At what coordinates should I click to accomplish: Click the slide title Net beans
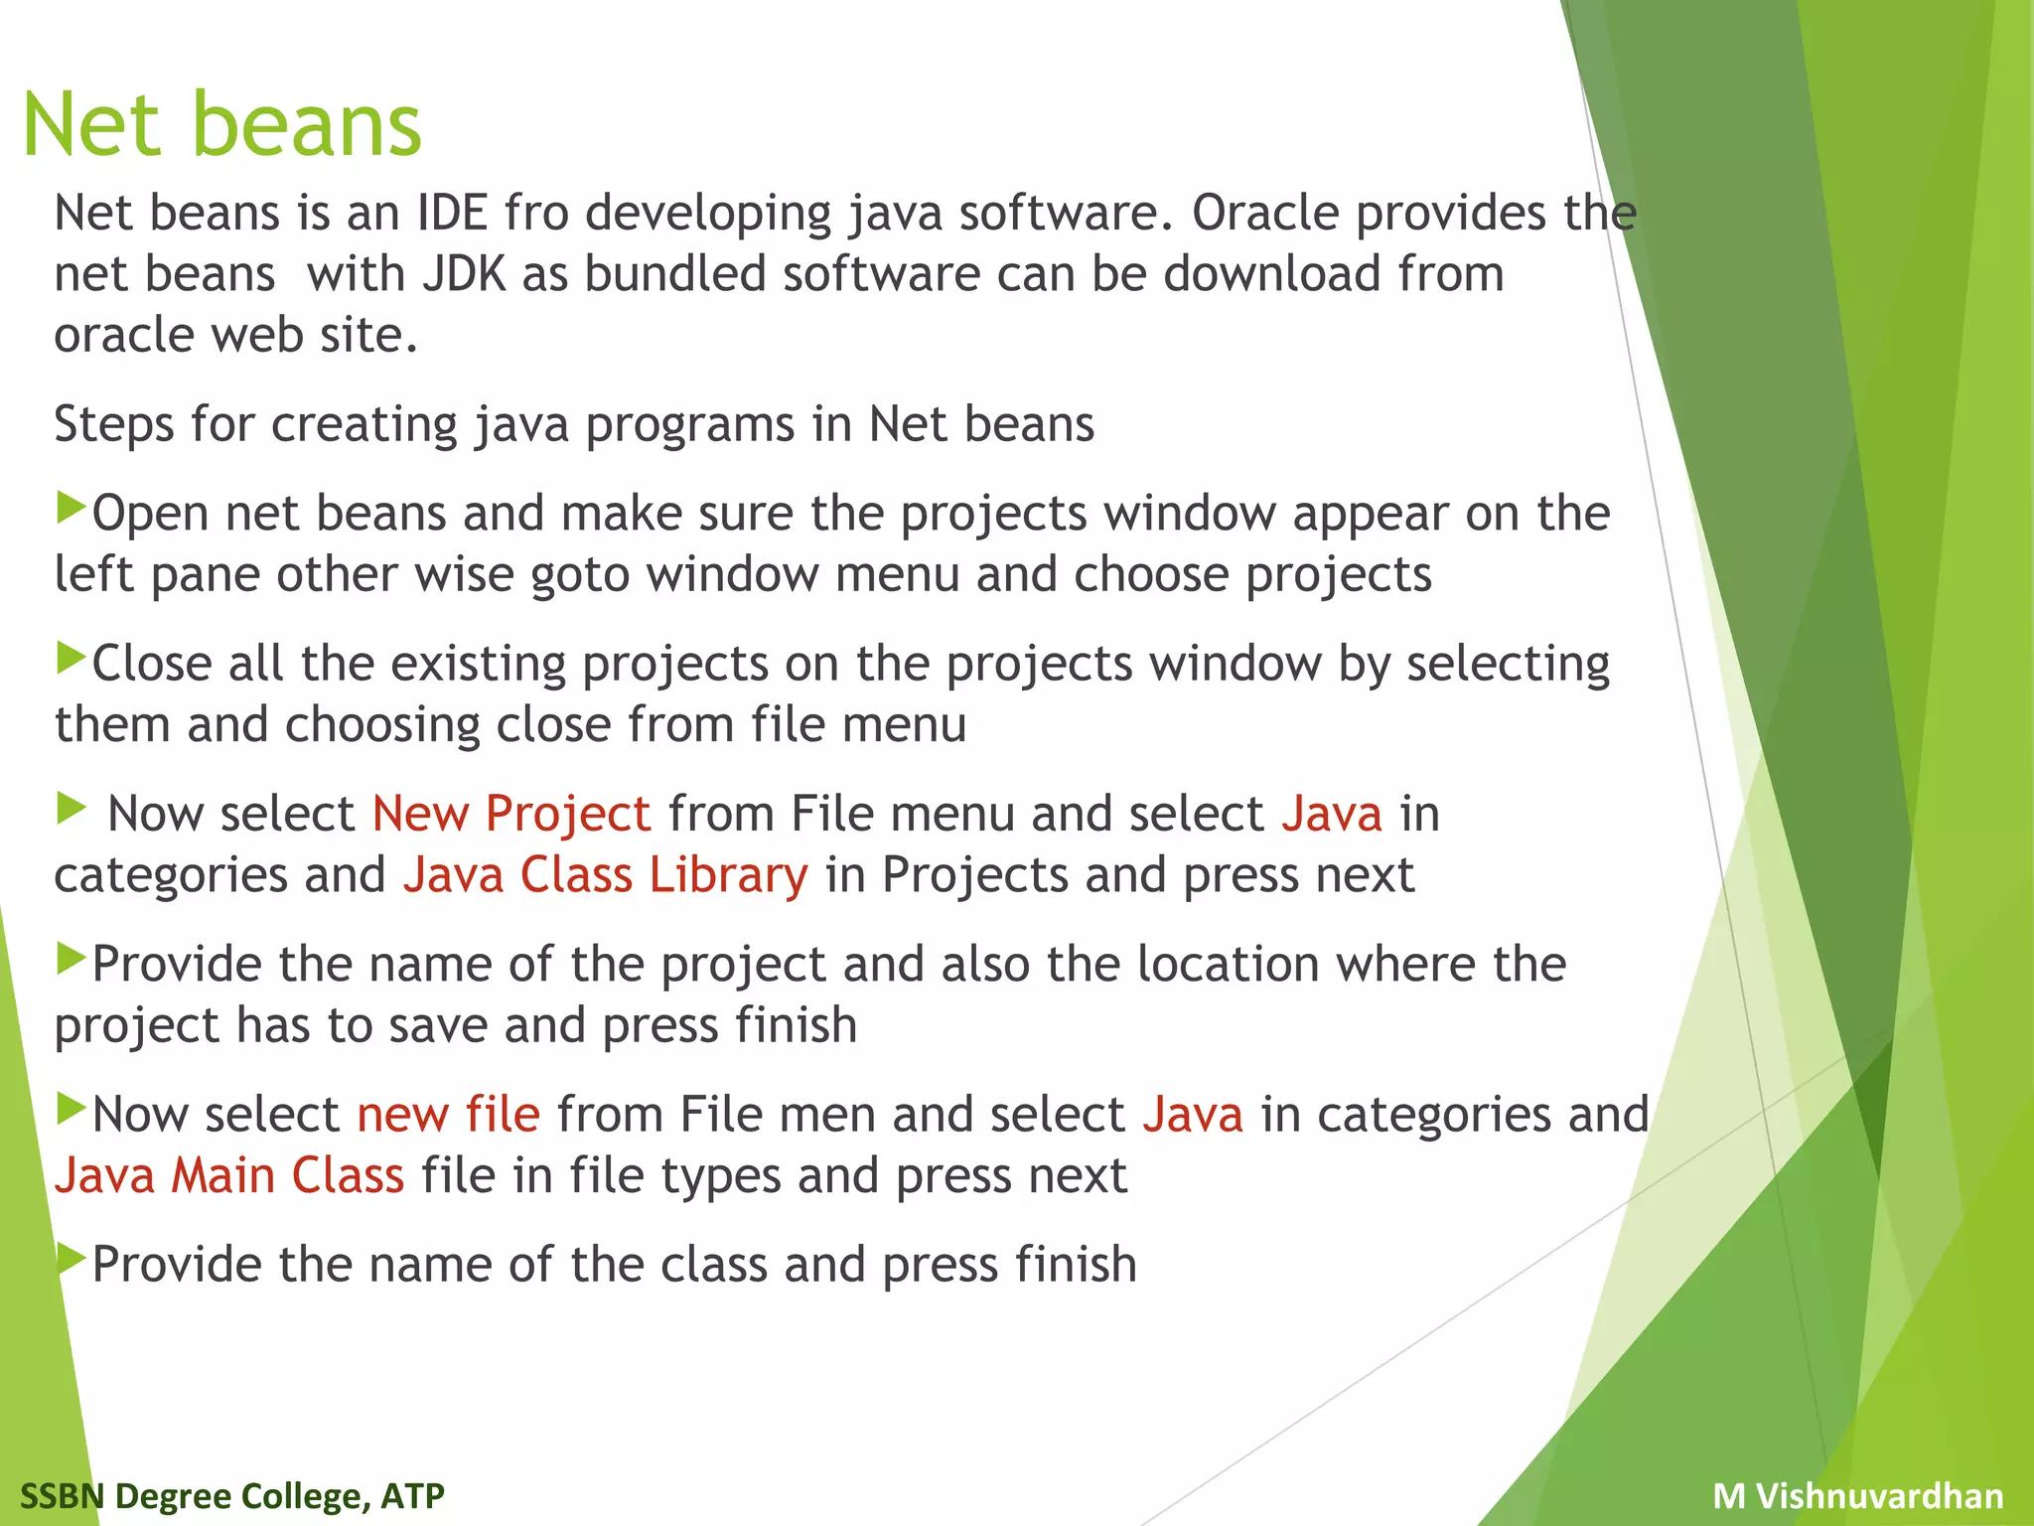222,125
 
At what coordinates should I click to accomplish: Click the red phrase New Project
511,814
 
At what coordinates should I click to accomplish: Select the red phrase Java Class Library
605,875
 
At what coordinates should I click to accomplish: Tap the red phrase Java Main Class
229,1175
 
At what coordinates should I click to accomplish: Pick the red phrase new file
449,1115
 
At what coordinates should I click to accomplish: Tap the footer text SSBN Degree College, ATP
232,1495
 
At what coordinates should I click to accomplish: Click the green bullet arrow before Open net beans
73,508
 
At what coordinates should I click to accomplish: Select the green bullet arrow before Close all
73,658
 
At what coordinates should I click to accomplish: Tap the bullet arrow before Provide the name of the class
73,1259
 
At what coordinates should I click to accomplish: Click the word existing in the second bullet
478,664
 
